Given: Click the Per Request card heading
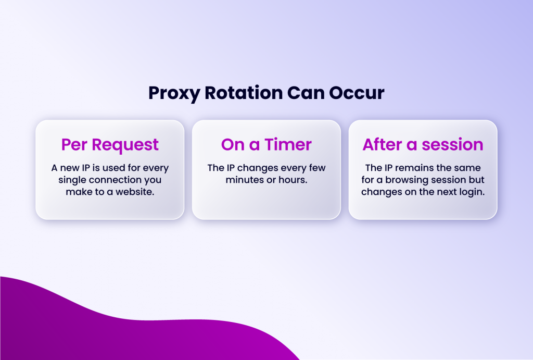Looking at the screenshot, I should pos(110,144).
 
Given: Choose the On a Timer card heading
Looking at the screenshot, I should pos(266,144).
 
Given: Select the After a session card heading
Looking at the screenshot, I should pos(423,144).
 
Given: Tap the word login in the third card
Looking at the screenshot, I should pos(471,191).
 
